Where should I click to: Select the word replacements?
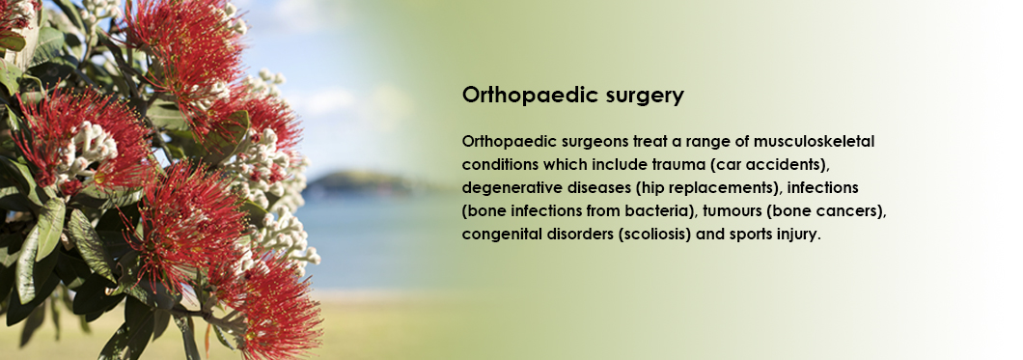pyautogui.click(x=721, y=189)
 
